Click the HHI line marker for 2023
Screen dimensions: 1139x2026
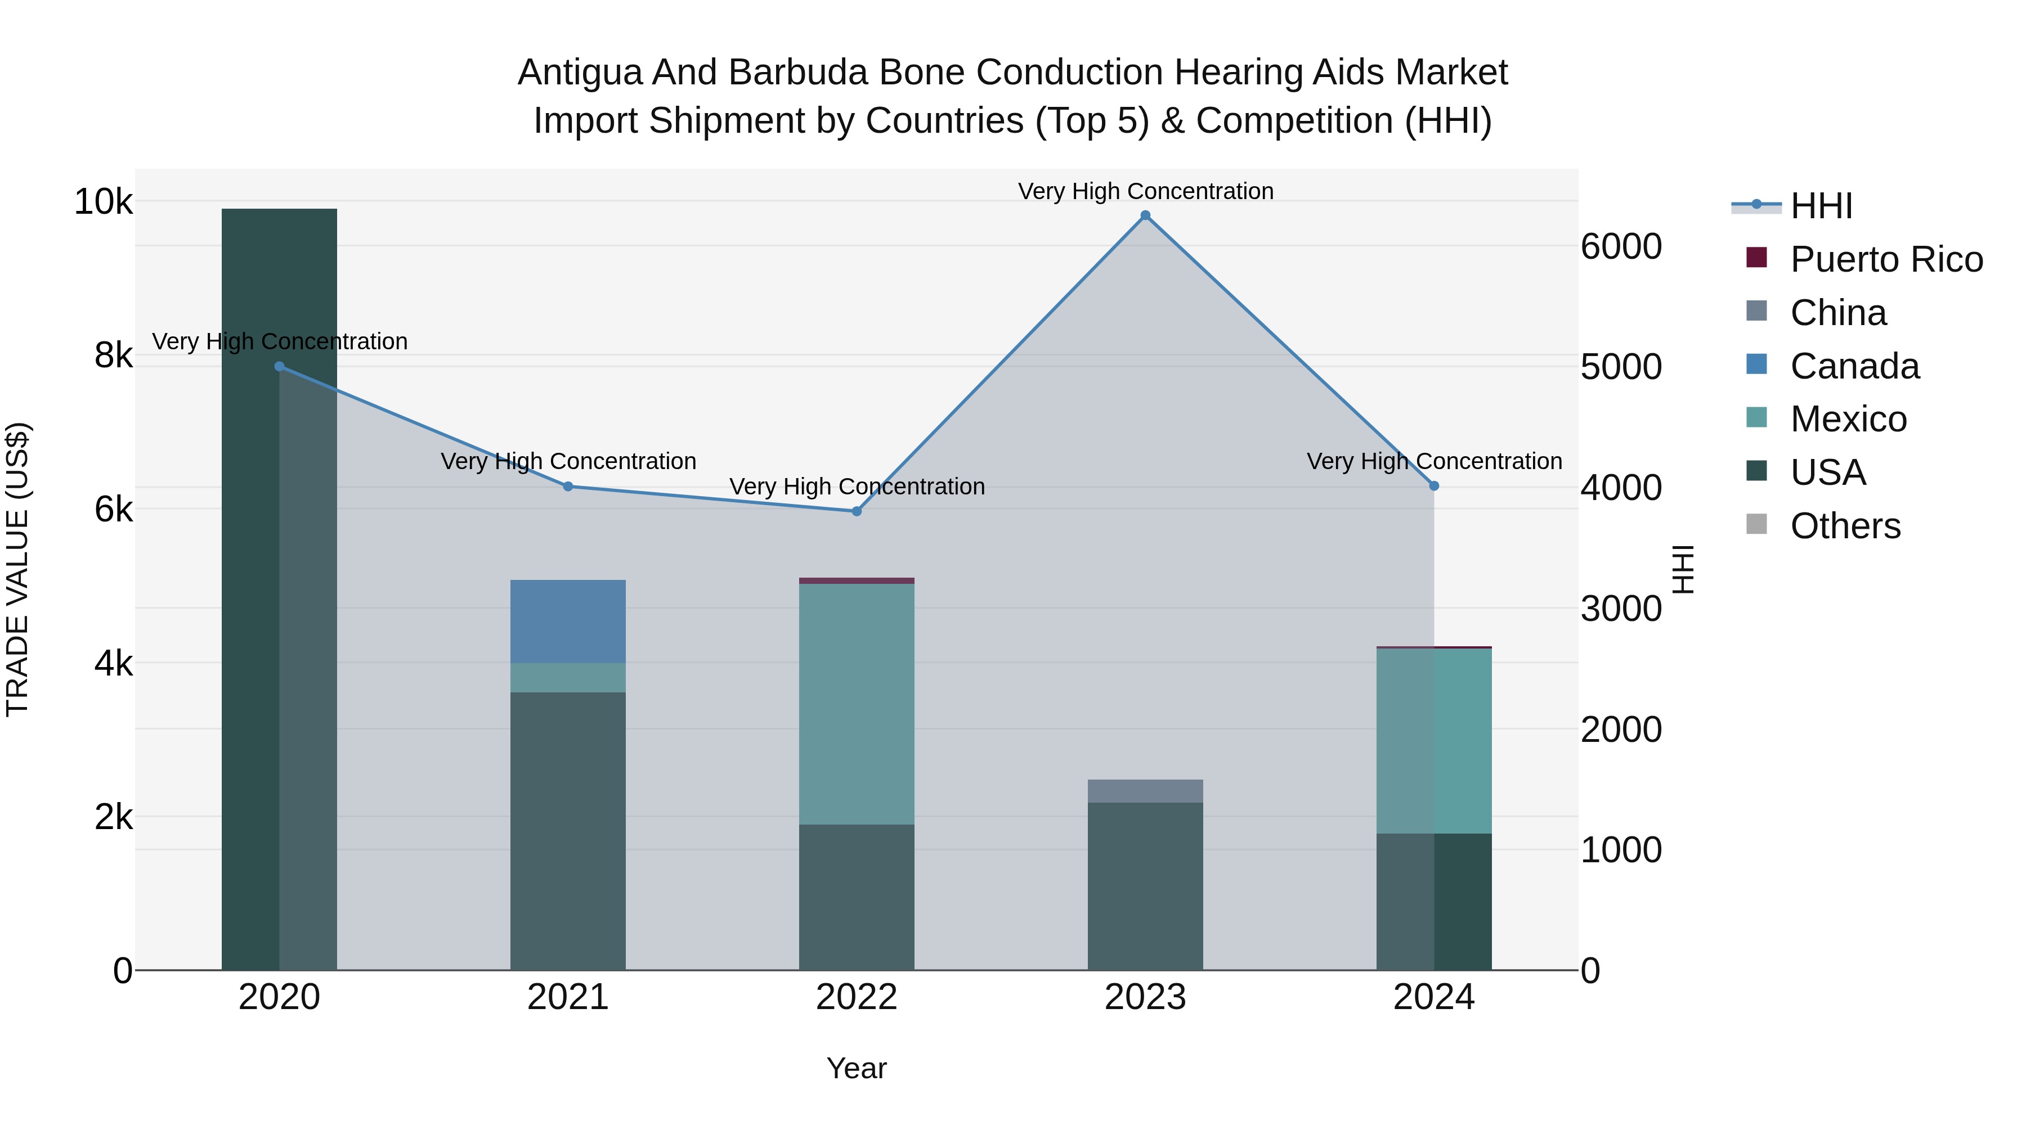coord(1145,215)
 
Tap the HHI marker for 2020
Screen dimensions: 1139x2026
coord(279,366)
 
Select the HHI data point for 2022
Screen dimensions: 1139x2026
coord(857,512)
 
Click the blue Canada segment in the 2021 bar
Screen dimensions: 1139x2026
coord(568,621)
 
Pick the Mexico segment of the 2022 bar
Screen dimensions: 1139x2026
coord(857,704)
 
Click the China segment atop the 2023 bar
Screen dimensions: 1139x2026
coord(1145,791)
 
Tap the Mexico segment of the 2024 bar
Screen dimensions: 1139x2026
coord(1434,740)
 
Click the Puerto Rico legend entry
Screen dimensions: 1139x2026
coord(1886,259)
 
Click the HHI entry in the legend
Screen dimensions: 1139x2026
coord(1821,206)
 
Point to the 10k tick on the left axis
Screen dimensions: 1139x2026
coord(103,202)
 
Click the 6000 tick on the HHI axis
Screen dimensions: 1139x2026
coord(1621,247)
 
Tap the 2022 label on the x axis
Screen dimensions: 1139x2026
coord(857,997)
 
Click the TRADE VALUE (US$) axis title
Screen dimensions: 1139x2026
coord(18,569)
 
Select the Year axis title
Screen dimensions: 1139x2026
coord(857,1068)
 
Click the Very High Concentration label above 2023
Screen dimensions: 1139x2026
coord(1145,191)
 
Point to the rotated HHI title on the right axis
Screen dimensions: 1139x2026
coord(1682,569)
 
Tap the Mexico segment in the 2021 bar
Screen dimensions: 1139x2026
coord(568,678)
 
